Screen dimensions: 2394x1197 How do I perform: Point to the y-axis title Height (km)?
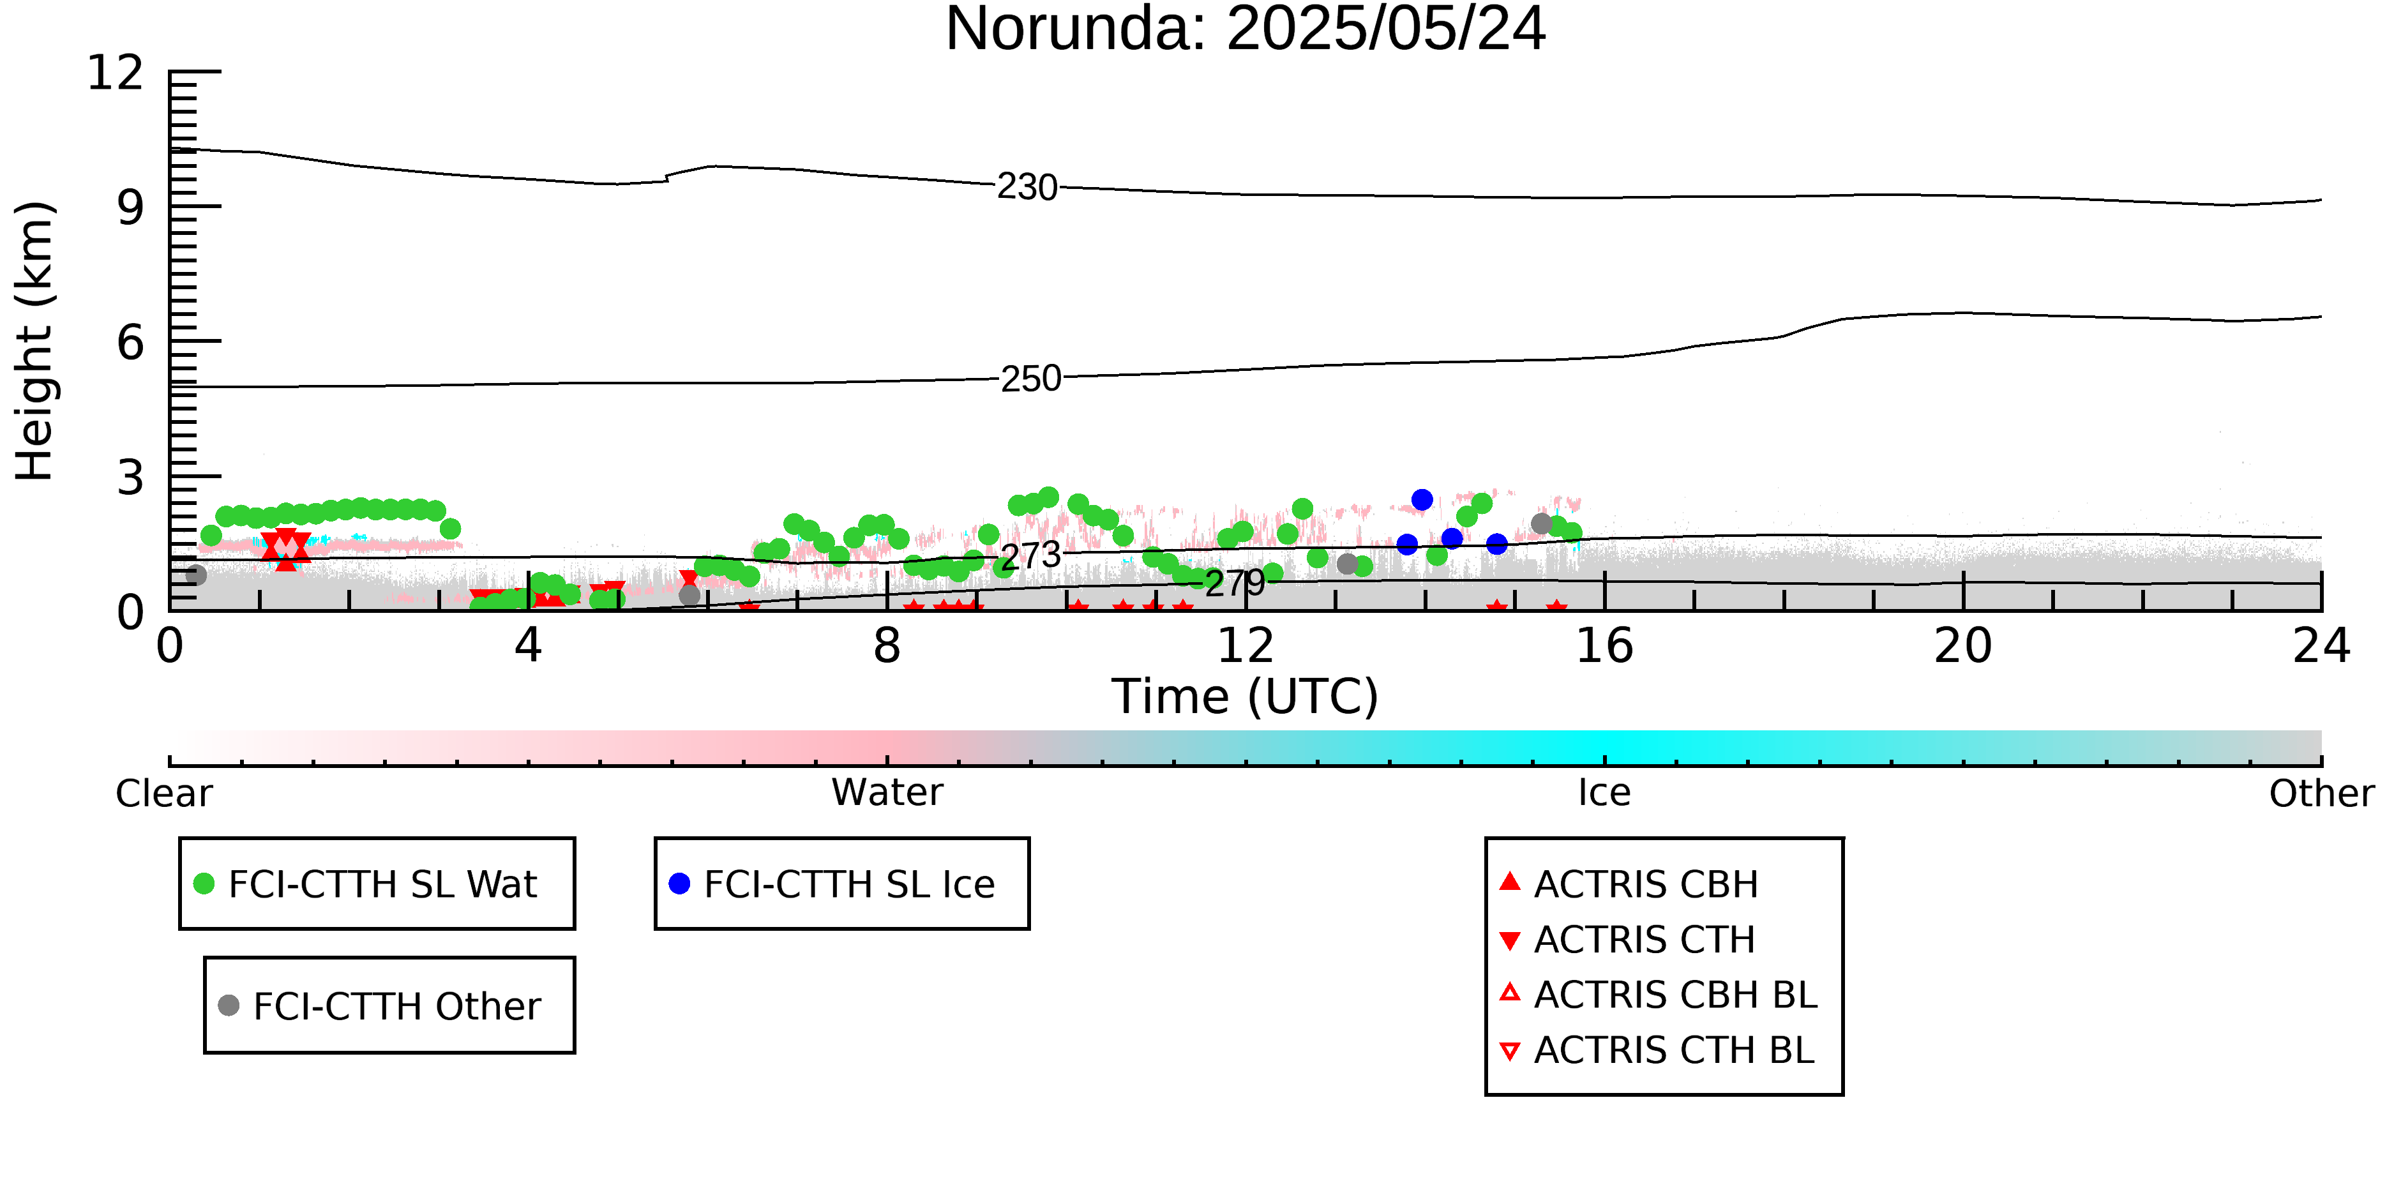click(x=35, y=341)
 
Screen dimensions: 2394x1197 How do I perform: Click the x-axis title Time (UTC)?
click(x=1246, y=696)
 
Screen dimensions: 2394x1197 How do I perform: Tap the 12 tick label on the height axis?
click(x=116, y=73)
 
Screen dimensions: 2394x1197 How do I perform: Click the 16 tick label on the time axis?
click(x=1604, y=646)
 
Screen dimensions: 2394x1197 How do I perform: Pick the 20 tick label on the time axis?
click(x=1963, y=646)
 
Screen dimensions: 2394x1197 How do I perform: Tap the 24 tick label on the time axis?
click(x=2321, y=646)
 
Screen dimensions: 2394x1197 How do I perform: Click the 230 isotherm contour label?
click(x=1027, y=188)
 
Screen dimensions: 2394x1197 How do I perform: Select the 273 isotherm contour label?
click(x=1030, y=556)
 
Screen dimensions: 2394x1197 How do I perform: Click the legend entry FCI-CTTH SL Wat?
click(x=366, y=884)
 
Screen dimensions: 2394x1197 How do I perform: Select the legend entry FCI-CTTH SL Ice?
click(x=832, y=884)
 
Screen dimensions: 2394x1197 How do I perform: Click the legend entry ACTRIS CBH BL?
click(x=1659, y=995)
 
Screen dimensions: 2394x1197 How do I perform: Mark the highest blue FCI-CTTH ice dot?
click(x=1422, y=500)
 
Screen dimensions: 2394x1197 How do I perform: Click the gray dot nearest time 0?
click(x=196, y=575)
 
